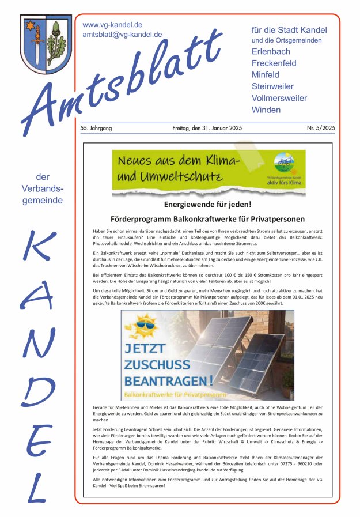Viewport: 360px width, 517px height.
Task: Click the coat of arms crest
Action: [46, 44]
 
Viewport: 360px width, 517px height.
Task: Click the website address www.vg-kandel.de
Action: [112, 25]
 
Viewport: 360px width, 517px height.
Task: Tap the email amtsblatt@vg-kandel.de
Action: [122, 35]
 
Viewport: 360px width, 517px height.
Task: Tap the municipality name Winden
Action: [267, 110]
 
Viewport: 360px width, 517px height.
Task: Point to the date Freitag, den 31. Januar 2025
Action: [207, 128]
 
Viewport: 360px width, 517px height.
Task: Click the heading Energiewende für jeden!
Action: [207, 205]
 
